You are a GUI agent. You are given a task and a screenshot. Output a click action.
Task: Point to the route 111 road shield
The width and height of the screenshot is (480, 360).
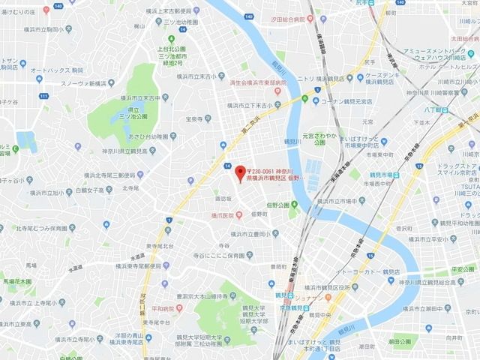pyautogui.click(x=43, y=97)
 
